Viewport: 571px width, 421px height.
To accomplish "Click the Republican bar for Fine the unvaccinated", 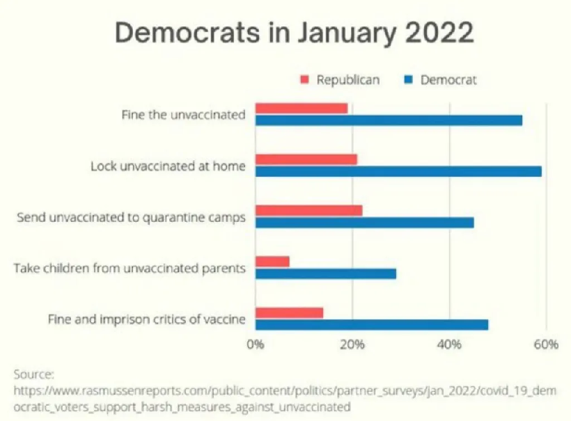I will click(x=301, y=108).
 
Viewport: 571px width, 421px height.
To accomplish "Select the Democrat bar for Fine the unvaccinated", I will click(x=389, y=120).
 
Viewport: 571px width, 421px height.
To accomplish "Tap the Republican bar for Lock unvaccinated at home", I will click(x=306, y=159).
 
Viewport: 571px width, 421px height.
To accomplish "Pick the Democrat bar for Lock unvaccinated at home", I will click(x=398, y=171).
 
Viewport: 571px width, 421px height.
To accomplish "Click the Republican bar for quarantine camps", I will click(x=308, y=210).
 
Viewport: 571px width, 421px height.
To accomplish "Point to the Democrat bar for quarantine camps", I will click(x=364, y=222).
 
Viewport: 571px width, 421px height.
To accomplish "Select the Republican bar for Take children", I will click(x=272, y=262).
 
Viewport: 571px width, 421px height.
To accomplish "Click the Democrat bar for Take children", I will click(x=325, y=273).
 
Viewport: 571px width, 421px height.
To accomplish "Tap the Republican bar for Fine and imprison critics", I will click(x=289, y=312).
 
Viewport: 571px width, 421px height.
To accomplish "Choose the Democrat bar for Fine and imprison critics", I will click(x=372, y=324).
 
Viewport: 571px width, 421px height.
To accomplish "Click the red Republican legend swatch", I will click(x=304, y=81).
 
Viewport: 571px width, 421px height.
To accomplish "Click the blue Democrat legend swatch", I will click(x=409, y=81).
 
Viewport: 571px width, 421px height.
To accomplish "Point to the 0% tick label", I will click(x=256, y=344).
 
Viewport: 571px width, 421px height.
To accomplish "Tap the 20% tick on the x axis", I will click(x=352, y=344).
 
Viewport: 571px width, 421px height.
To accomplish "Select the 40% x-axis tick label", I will click(x=449, y=344).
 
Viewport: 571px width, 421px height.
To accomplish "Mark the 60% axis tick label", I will click(x=546, y=344).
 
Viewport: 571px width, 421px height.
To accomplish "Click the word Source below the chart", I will click(x=33, y=374).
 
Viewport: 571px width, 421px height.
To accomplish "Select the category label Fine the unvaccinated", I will click(x=183, y=114).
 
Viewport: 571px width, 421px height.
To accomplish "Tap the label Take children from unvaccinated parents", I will click(x=130, y=268).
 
